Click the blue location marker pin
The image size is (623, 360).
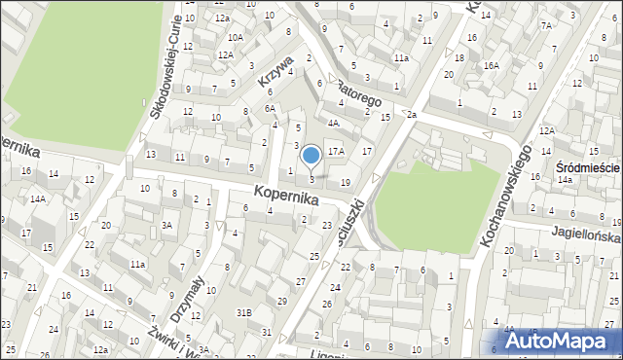311,156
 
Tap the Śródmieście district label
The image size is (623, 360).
588,167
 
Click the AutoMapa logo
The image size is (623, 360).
561,342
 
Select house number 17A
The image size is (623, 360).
337,151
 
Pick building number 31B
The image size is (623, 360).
244,311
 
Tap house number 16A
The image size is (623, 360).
492,65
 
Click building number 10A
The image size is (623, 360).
236,37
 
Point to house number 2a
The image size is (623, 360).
412,116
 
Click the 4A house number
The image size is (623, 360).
333,123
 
